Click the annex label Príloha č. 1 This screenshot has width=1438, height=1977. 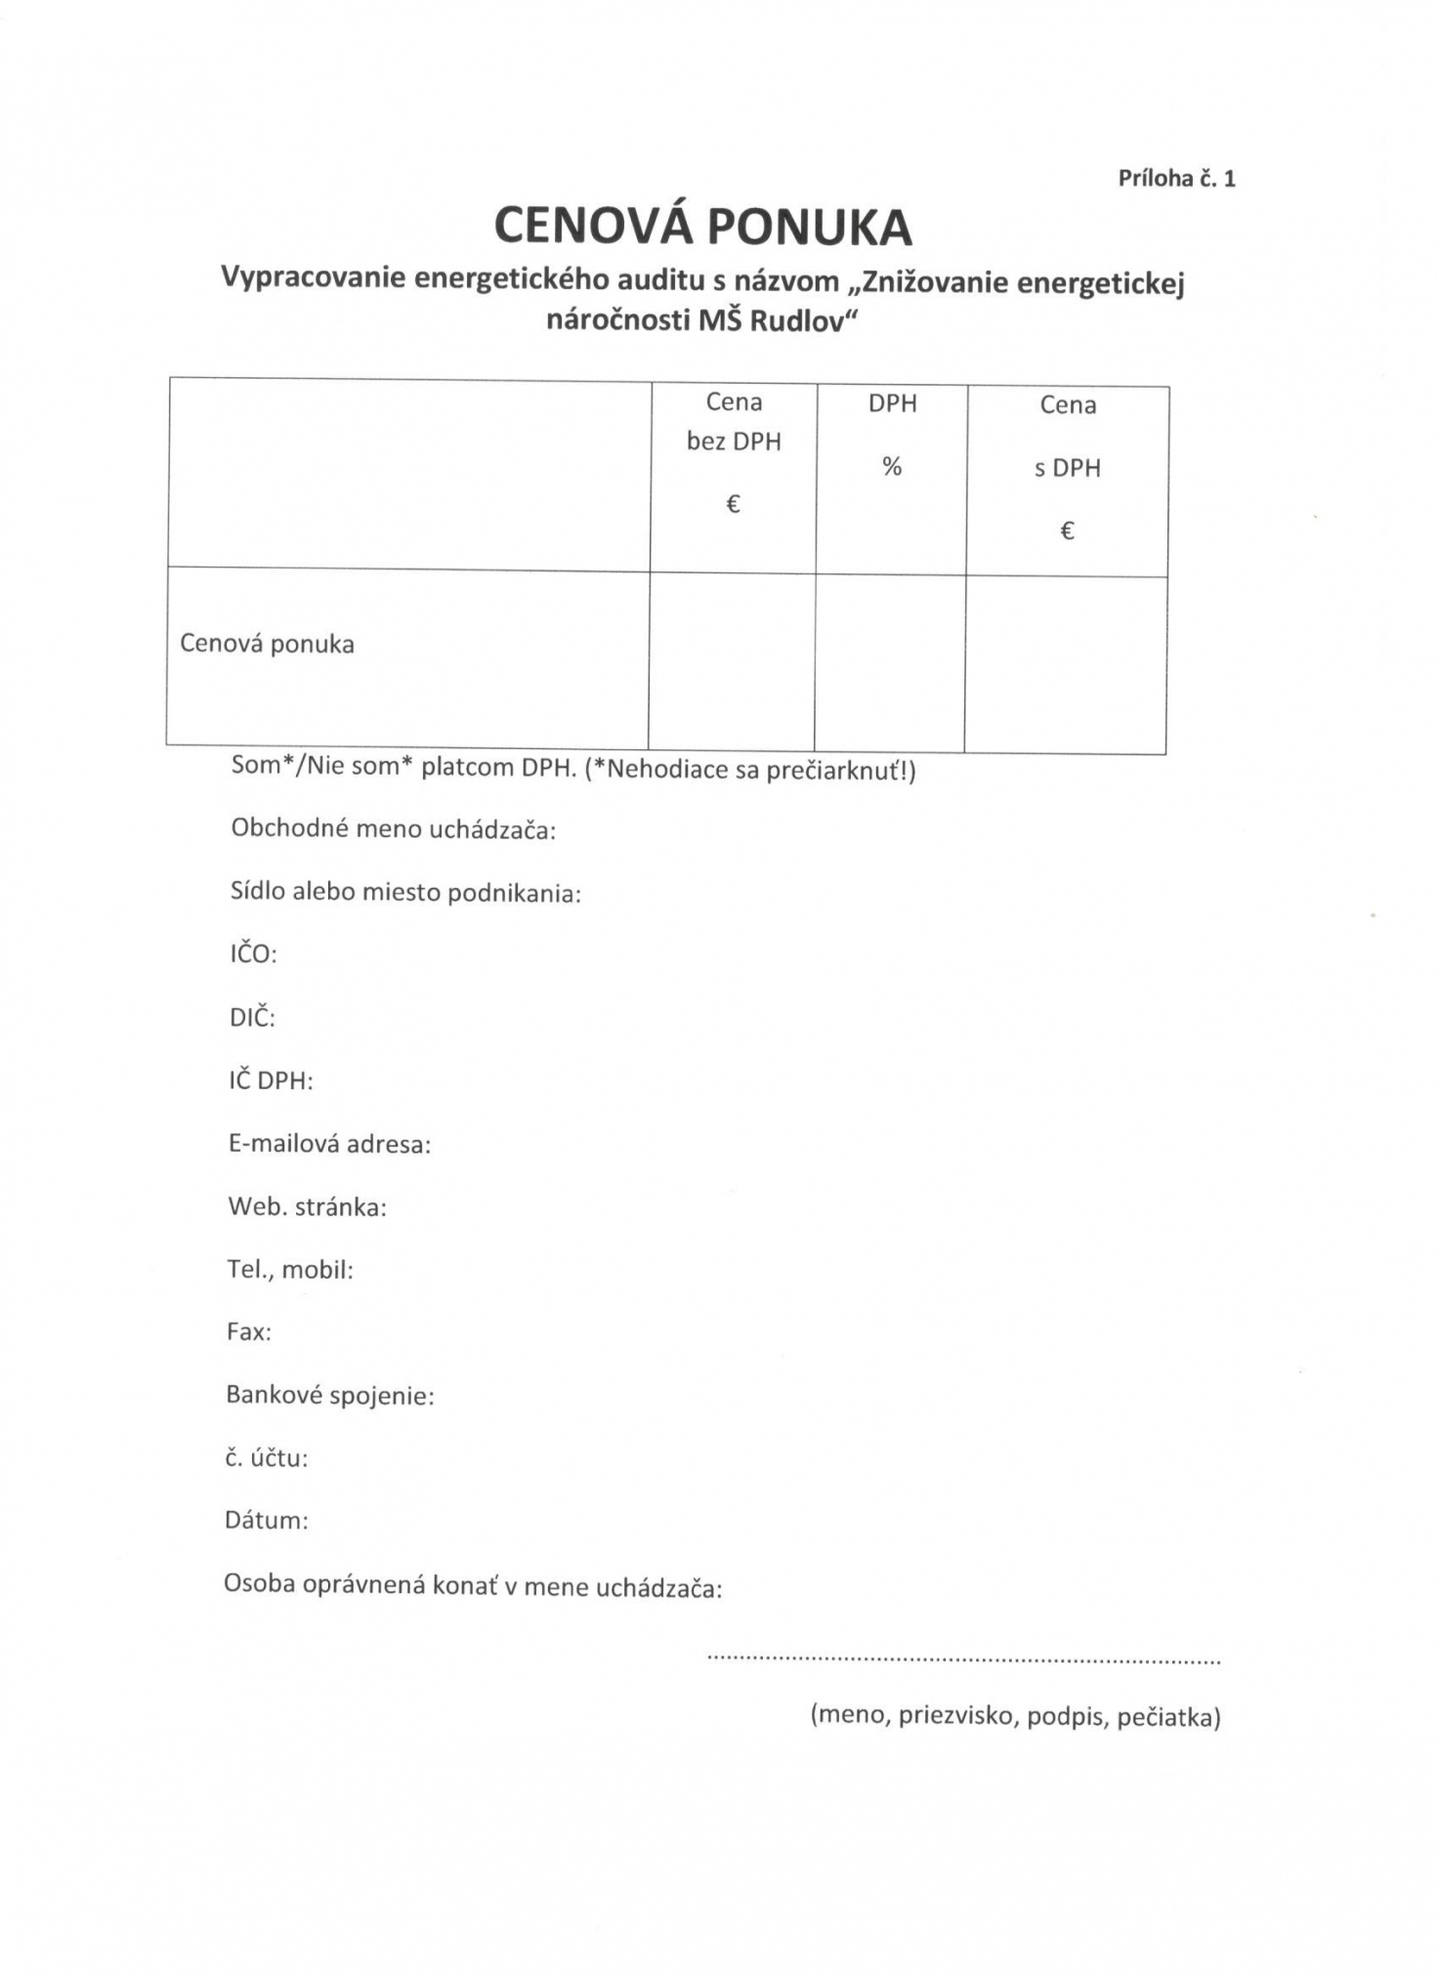pyautogui.click(x=1176, y=178)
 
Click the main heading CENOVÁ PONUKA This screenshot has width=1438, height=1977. pyautogui.click(x=702, y=227)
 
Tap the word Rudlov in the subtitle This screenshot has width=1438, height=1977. pyautogui.click(x=796, y=321)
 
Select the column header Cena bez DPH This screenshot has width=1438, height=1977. pyautogui.click(x=734, y=422)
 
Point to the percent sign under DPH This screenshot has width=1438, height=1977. pyautogui.click(x=892, y=467)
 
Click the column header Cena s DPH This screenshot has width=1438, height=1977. pyautogui.click(x=1068, y=436)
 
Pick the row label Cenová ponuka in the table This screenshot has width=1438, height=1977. pyautogui.click(x=267, y=644)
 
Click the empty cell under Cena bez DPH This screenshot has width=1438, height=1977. pyautogui.click(x=732, y=661)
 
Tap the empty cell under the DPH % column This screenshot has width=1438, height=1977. pyautogui.click(x=890, y=663)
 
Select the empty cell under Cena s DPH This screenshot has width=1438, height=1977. pyautogui.click(x=1066, y=664)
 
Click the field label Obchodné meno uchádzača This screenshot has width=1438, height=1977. pyautogui.click(x=393, y=829)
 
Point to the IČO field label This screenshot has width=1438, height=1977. pyautogui.click(x=253, y=953)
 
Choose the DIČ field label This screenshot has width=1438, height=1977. pyautogui.click(x=252, y=1017)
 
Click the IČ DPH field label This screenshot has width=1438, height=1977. pyautogui.click(x=271, y=1080)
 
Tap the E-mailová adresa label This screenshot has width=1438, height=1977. pyautogui.click(x=329, y=1144)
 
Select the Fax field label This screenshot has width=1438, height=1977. pyautogui.click(x=248, y=1331)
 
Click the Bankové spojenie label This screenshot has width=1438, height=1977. pyautogui.click(x=329, y=1395)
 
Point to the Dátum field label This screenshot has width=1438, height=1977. pyautogui.click(x=266, y=1520)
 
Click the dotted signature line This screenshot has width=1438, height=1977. pyautogui.click(x=962, y=1660)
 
